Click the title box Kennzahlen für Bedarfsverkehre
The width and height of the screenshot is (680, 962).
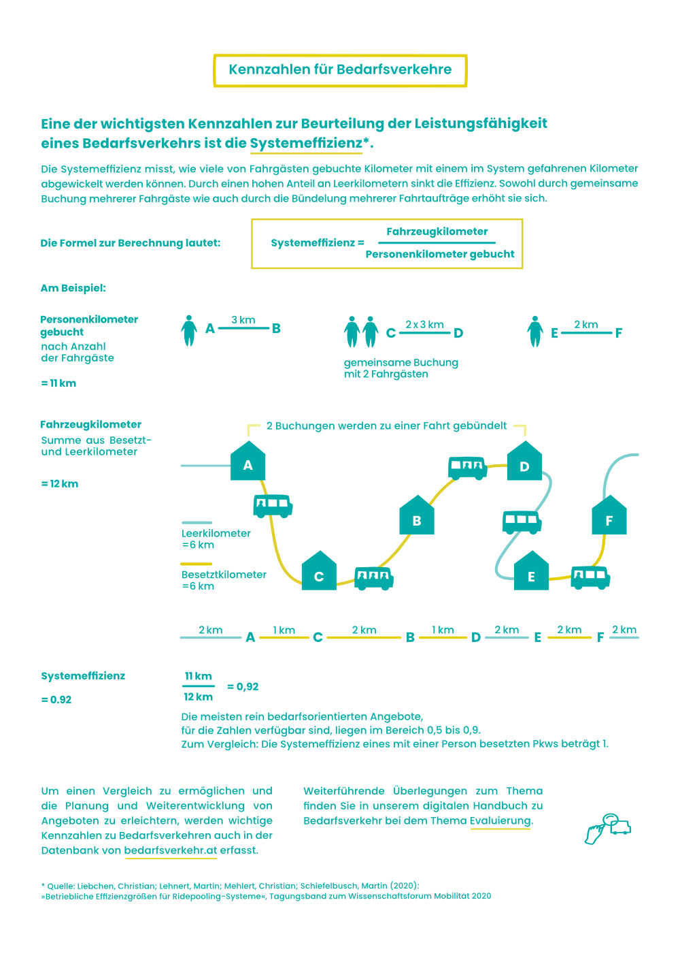(x=340, y=70)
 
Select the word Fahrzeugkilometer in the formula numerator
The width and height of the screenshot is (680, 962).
(x=437, y=231)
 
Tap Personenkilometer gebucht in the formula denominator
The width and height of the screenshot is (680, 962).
(x=439, y=254)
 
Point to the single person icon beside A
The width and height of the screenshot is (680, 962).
(x=189, y=330)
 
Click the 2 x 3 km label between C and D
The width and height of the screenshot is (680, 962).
(x=424, y=325)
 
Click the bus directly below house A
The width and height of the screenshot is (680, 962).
(x=273, y=505)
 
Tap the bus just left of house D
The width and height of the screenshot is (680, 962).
(x=467, y=467)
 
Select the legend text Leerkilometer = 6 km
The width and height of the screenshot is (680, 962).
(x=216, y=539)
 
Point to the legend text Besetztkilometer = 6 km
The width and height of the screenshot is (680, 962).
(x=224, y=580)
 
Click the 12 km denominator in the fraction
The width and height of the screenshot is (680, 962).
(x=198, y=697)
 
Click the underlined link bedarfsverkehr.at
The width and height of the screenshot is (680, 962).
(x=171, y=850)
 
